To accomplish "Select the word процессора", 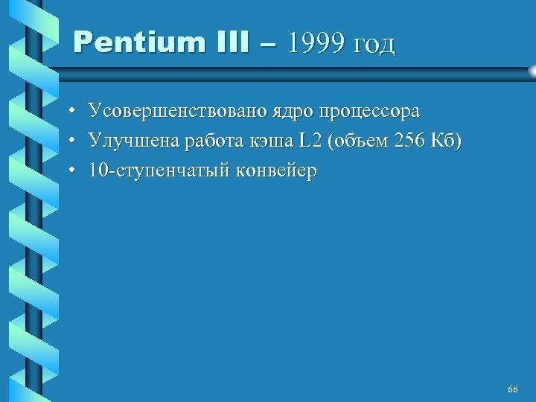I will click(369, 112).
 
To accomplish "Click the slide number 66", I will click(512, 389).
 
